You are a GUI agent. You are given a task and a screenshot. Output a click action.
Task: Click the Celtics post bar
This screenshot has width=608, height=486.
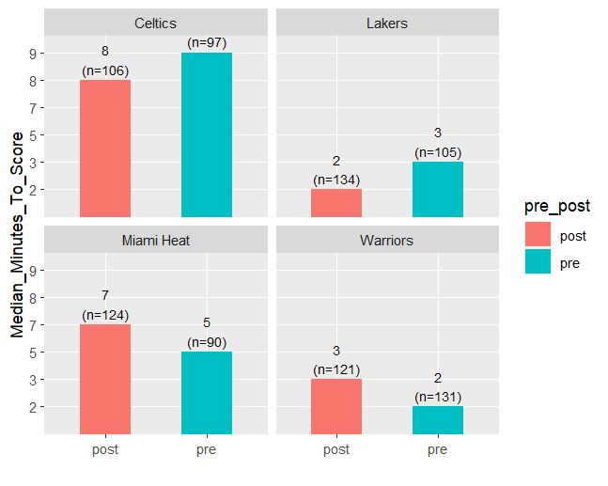(x=105, y=149)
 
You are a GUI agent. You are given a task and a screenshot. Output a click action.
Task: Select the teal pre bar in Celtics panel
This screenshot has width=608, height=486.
(x=207, y=134)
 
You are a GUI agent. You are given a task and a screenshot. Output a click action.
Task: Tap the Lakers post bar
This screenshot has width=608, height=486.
(x=336, y=203)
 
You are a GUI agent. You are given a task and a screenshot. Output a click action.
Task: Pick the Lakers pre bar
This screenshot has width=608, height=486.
(x=438, y=189)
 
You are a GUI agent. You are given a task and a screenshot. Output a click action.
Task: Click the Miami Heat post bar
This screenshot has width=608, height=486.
(x=105, y=380)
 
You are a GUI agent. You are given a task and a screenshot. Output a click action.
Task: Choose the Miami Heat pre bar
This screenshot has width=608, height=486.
(x=207, y=393)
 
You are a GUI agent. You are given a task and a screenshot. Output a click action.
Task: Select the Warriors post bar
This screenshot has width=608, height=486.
(x=336, y=407)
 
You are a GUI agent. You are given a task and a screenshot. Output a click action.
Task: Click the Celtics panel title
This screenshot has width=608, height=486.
(x=156, y=23)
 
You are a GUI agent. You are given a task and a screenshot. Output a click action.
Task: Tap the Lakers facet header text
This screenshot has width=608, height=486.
(x=387, y=23)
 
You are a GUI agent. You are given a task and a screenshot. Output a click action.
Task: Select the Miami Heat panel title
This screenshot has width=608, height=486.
(x=156, y=241)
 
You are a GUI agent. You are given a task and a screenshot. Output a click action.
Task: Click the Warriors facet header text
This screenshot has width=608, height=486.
(x=387, y=241)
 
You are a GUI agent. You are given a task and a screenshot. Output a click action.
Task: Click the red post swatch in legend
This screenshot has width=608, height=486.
(x=538, y=234)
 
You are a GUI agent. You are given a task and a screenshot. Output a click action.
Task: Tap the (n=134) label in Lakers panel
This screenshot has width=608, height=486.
(x=336, y=180)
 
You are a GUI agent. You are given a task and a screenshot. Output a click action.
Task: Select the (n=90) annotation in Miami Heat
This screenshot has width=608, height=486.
(x=207, y=342)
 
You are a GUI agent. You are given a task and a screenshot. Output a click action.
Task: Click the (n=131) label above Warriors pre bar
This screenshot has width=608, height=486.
(x=438, y=397)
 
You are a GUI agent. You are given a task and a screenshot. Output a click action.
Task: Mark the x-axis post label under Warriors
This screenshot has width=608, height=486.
(x=336, y=450)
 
